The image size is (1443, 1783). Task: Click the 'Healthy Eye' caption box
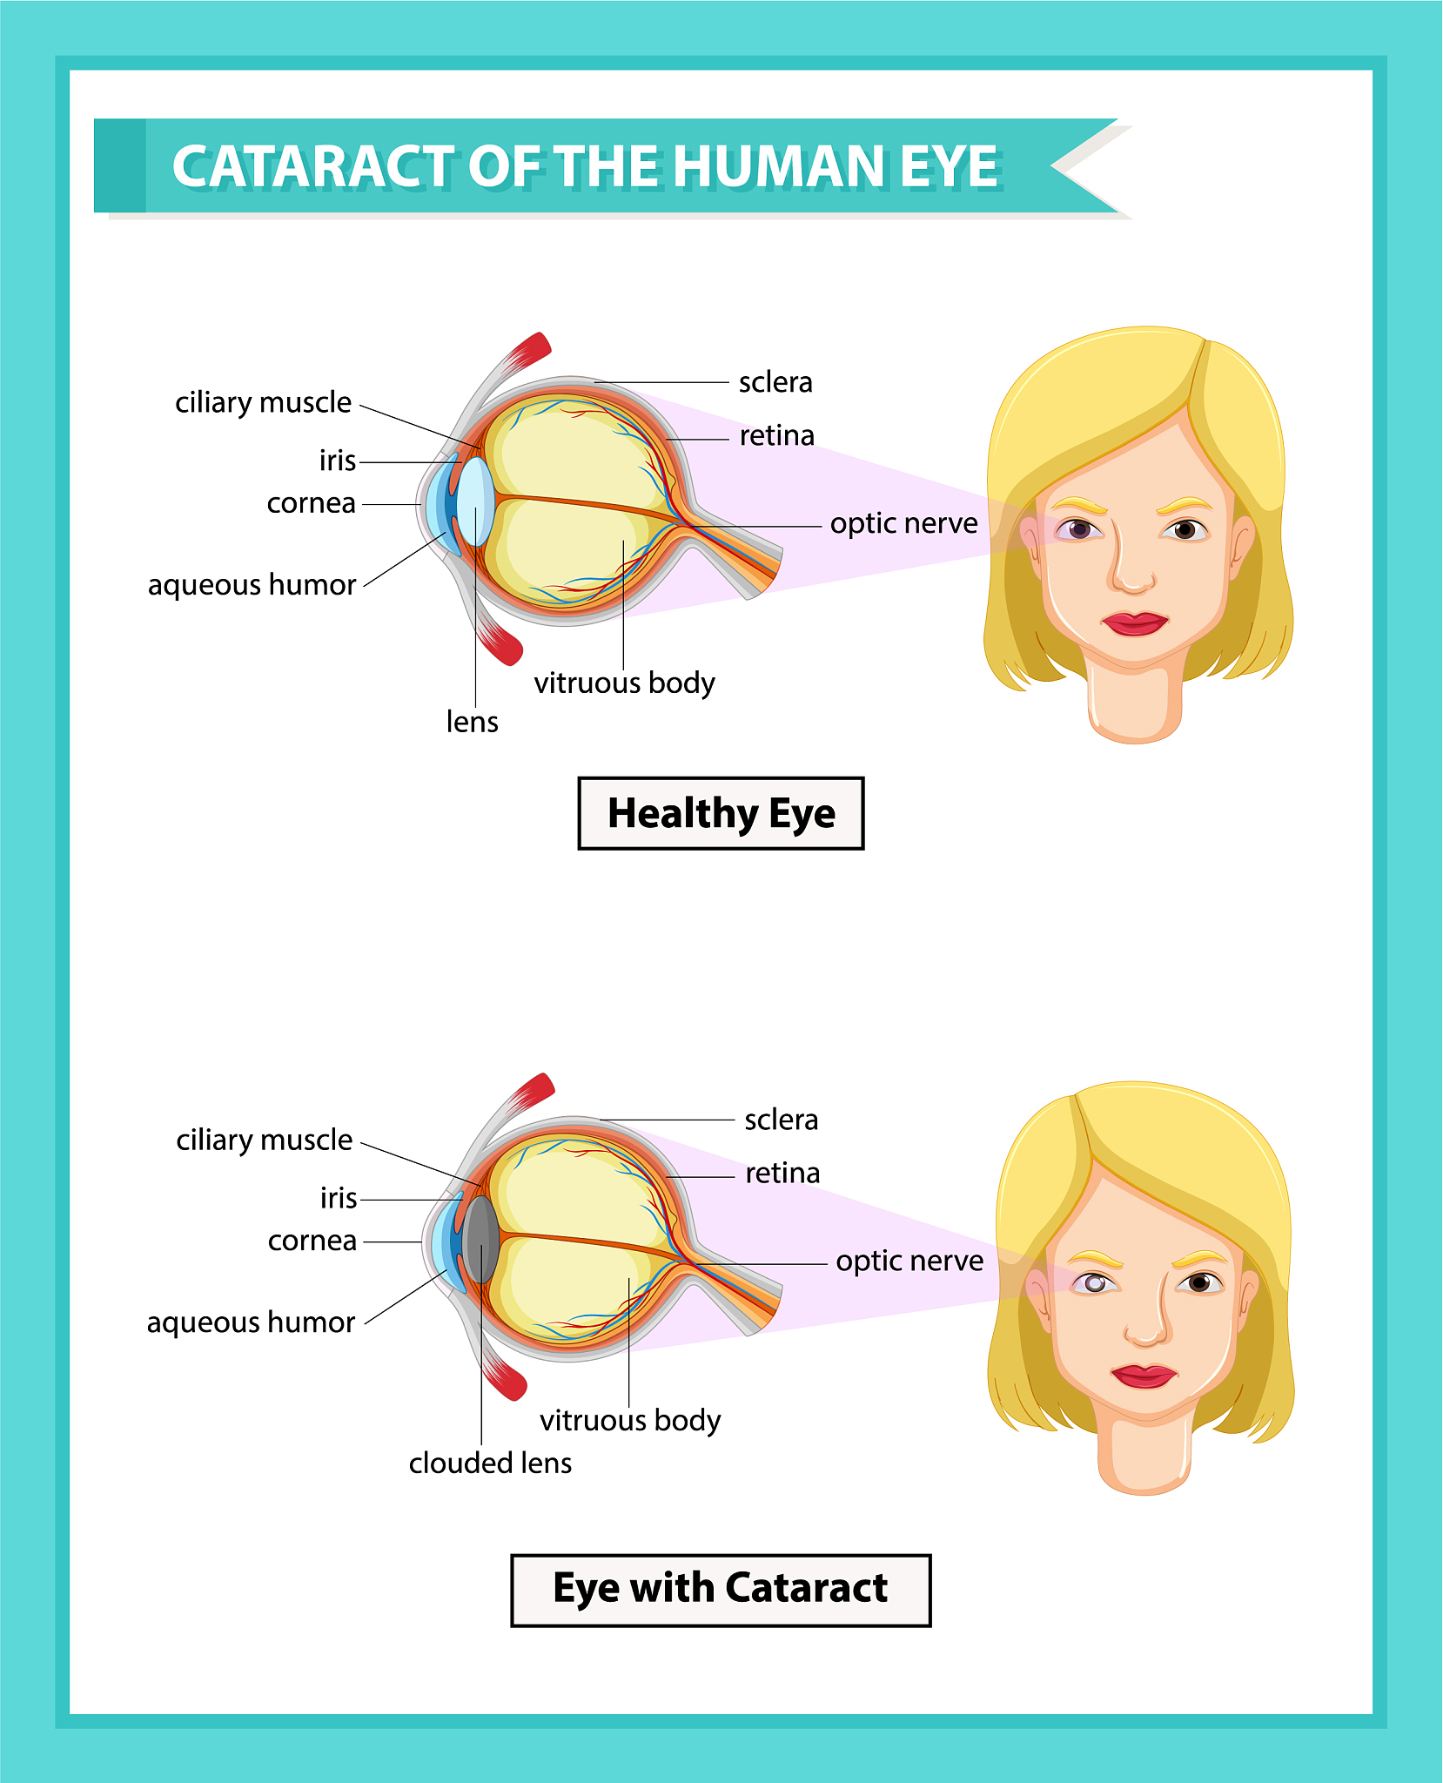tap(721, 813)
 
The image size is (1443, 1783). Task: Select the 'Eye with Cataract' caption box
tap(721, 1590)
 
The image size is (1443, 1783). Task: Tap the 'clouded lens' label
tap(490, 1463)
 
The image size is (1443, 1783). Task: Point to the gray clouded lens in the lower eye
tap(481, 1240)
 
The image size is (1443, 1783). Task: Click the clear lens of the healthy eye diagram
tap(476, 502)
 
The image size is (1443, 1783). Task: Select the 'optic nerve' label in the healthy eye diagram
tap(903, 524)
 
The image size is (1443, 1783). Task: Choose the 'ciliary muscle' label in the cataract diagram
tap(264, 1140)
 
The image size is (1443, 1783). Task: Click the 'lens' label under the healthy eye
tap(472, 723)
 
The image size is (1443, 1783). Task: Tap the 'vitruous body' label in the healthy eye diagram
tap(624, 683)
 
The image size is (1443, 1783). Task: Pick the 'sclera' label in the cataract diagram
tap(781, 1120)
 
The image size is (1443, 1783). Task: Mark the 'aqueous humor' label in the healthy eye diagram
tap(252, 585)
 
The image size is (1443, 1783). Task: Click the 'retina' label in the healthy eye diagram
tap(776, 436)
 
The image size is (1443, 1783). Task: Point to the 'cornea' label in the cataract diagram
tap(312, 1241)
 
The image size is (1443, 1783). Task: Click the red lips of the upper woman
tap(1134, 623)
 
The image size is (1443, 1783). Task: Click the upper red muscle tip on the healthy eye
tap(531, 350)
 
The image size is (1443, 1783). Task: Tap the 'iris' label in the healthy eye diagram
tap(338, 461)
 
